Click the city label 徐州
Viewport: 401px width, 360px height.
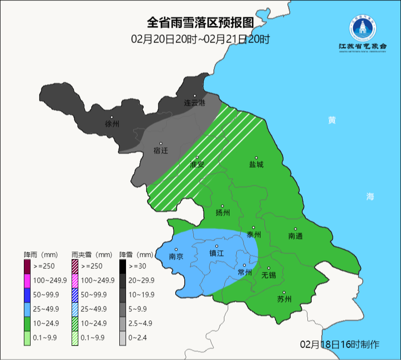(x=112, y=124)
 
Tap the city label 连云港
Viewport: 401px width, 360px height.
(x=194, y=103)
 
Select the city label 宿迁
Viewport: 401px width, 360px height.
(x=161, y=150)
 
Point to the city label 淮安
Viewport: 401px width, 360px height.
(x=197, y=164)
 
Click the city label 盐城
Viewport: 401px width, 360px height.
(x=256, y=164)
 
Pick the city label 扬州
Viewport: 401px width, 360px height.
(x=222, y=213)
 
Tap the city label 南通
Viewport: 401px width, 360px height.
(x=295, y=236)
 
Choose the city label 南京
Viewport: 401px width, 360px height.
(x=176, y=256)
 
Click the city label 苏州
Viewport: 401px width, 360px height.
(x=284, y=299)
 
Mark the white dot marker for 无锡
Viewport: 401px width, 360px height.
(x=269, y=268)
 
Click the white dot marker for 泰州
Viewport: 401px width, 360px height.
(x=253, y=228)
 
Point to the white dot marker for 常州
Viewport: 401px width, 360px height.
(x=244, y=265)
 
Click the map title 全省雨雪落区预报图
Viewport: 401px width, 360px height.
(x=200, y=22)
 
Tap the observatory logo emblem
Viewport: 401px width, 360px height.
(x=362, y=29)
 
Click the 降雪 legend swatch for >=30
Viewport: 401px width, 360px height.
(x=123, y=265)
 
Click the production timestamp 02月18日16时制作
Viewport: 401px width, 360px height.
(x=340, y=344)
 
